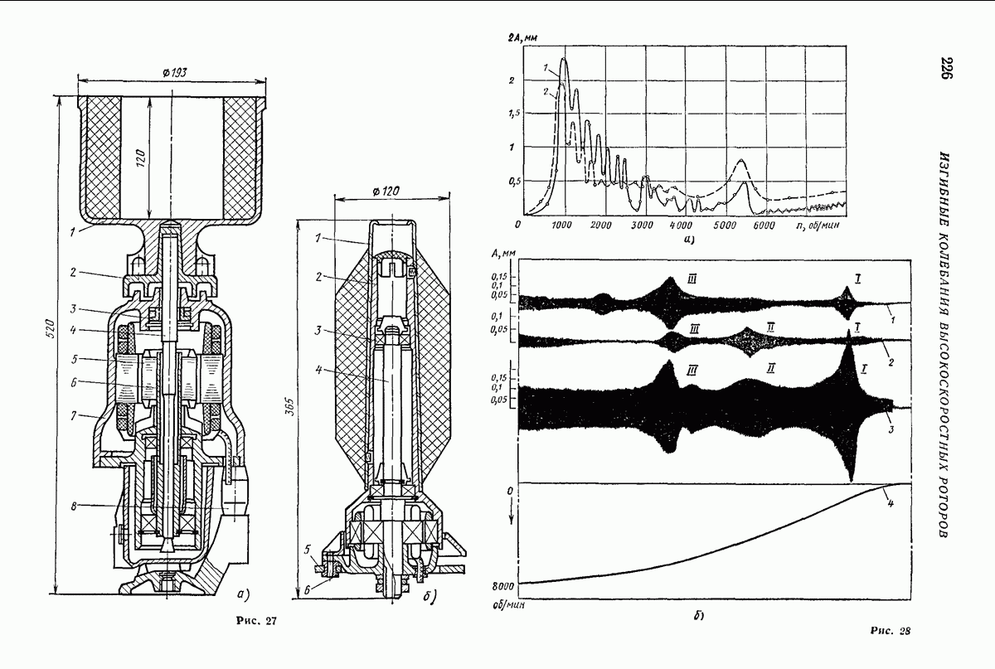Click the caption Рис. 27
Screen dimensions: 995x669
(x=256, y=621)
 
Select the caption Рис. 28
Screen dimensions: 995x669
(x=891, y=631)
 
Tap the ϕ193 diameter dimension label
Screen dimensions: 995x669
(x=175, y=72)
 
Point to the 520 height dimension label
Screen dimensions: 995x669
(x=51, y=328)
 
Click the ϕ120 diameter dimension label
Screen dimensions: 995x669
(x=386, y=191)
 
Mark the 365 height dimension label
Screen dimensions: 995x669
(x=289, y=406)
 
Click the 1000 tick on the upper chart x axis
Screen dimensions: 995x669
(x=561, y=225)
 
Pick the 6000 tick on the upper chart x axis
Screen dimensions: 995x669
(x=764, y=225)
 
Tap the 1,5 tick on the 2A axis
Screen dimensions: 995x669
(x=512, y=114)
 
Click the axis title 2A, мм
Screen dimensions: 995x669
(x=523, y=38)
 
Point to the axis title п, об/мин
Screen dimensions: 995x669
(x=818, y=225)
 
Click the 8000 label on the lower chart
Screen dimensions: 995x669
(x=503, y=586)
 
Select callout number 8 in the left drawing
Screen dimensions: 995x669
(x=74, y=506)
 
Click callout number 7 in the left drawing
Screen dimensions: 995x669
(x=73, y=416)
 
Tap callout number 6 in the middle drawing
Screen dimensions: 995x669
(x=307, y=590)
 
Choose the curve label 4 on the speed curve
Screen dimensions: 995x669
(x=891, y=504)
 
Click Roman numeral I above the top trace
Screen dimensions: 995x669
(x=857, y=279)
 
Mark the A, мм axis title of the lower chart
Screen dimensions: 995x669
(x=503, y=253)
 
